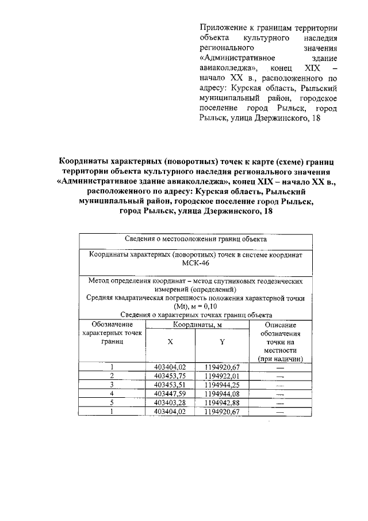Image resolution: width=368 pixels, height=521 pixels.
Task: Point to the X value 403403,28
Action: click(x=171, y=402)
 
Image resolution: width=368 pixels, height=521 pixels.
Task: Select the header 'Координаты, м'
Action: click(x=196, y=325)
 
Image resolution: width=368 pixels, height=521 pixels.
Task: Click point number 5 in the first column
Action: click(x=112, y=402)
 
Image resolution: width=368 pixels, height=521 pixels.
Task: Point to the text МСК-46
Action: click(x=195, y=263)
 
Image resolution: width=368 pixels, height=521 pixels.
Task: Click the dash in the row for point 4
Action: click(x=281, y=394)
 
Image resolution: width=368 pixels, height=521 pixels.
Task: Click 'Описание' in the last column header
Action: click(x=281, y=325)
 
